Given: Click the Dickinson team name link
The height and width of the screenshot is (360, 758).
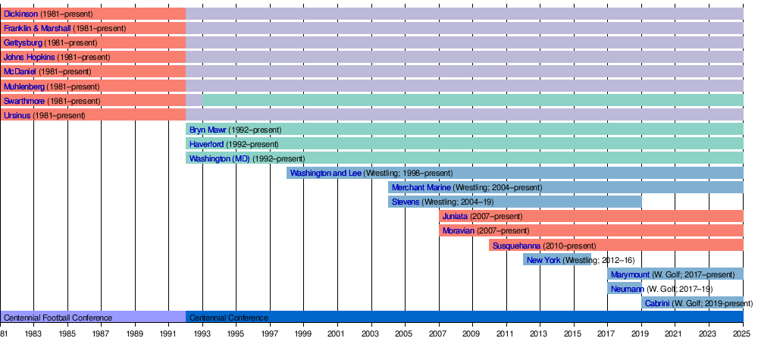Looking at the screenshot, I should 21,14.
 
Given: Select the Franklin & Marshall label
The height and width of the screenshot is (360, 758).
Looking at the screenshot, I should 37,29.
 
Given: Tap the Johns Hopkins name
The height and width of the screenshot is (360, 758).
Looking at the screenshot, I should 29,58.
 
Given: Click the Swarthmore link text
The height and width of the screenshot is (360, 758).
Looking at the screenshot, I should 24,101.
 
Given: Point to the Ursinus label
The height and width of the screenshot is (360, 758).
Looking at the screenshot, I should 17,115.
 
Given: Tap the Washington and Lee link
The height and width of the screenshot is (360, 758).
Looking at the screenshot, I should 325,173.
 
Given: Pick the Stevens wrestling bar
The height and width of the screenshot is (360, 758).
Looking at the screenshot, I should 515,202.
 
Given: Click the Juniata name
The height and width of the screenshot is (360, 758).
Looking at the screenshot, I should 455,216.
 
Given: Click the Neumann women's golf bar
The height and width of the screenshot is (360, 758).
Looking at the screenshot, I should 625,289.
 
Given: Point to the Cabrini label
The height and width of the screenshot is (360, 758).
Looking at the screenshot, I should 657,303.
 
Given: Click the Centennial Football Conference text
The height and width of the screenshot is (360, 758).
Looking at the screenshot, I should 58,318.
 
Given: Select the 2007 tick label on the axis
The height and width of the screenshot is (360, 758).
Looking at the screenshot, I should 439,333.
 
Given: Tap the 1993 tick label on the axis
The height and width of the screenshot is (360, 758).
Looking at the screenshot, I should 202,333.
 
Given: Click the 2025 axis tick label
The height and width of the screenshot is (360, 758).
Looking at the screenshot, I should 743,333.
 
